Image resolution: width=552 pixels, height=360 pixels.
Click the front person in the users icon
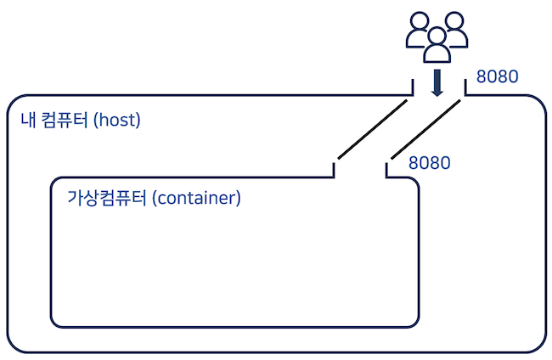(x=437, y=46)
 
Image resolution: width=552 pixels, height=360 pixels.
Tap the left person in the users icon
(x=417, y=32)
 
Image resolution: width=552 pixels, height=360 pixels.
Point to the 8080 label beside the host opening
(x=498, y=77)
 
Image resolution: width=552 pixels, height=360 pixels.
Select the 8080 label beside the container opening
(x=429, y=162)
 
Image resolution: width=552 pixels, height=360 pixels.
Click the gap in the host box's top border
(x=438, y=96)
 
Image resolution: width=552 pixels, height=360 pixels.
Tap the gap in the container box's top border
(x=360, y=177)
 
